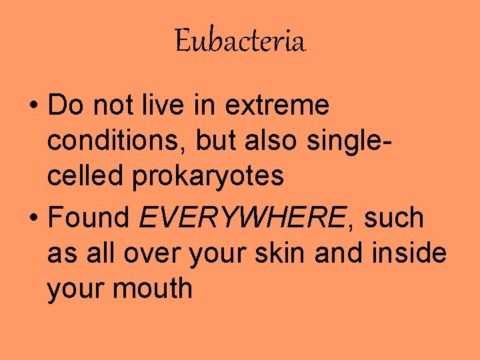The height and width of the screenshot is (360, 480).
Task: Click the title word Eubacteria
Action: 240,42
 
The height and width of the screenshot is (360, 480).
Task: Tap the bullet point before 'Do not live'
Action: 34,105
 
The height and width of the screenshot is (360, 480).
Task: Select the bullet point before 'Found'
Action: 34,217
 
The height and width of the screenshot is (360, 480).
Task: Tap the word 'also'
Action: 271,141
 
